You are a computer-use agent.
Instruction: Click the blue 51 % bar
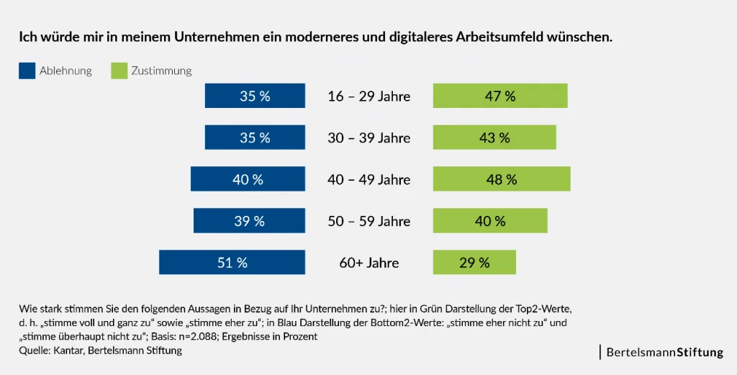[x=232, y=263]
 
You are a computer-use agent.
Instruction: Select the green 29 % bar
[x=474, y=263]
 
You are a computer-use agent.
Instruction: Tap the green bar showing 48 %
[x=502, y=179]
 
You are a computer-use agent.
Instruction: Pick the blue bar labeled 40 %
[x=248, y=179]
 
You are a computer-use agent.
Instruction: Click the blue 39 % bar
[x=249, y=221]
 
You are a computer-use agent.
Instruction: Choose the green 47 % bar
[x=500, y=96]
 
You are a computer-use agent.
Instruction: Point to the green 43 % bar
[x=494, y=137]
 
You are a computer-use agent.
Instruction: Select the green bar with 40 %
[x=490, y=221]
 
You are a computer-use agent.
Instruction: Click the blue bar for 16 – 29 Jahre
[x=255, y=96]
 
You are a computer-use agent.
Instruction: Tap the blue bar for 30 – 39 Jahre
[x=255, y=137]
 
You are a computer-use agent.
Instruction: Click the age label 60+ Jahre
[x=369, y=263]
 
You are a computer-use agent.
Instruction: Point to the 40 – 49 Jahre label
[x=369, y=179]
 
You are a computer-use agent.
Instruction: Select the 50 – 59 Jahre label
[x=369, y=221]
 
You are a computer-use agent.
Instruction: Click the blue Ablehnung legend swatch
[x=27, y=71]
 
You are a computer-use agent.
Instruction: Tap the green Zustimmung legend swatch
[x=119, y=71]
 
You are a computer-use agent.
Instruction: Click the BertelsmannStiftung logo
[x=664, y=353]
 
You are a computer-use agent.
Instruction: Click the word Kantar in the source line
[x=68, y=351]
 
